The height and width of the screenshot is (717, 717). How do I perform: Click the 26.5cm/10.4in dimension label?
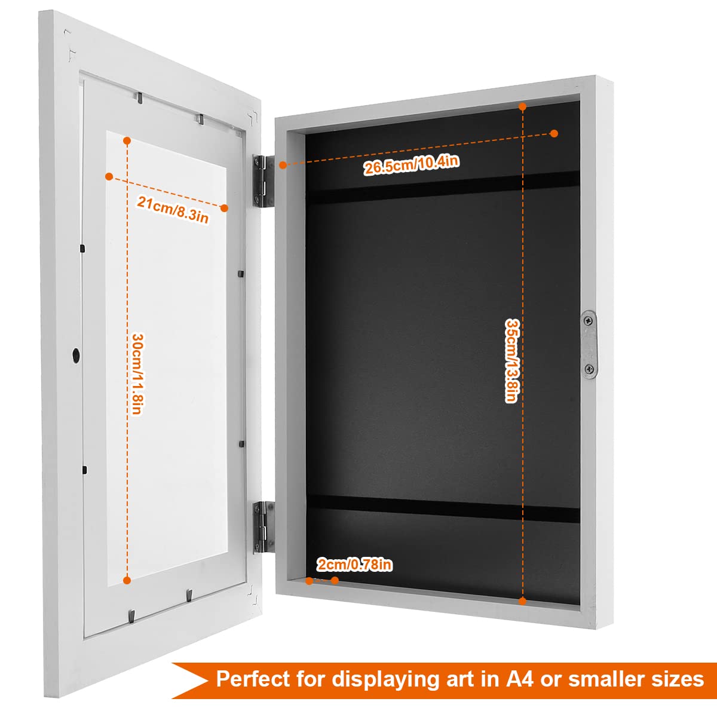click(411, 164)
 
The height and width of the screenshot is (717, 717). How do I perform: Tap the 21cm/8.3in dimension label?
click(173, 210)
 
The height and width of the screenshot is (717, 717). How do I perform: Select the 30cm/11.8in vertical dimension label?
click(137, 373)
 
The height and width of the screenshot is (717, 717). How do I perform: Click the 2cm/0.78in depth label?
click(354, 565)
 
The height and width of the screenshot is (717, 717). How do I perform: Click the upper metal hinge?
click(263, 181)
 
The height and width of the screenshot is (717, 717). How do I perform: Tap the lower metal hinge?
click(263, 527)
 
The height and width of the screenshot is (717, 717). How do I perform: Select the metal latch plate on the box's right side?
click(589, 345)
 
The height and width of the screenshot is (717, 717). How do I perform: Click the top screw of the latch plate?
click(588, 320)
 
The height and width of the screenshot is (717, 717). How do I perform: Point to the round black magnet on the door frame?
click(76, 354)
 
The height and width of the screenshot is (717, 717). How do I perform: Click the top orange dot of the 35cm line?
click(522, 106)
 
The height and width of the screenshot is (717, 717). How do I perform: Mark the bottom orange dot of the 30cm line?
click(127, 580)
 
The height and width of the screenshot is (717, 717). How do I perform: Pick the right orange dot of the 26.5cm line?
click(554, 133)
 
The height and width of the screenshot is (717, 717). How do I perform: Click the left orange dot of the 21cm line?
click(109, 176)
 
